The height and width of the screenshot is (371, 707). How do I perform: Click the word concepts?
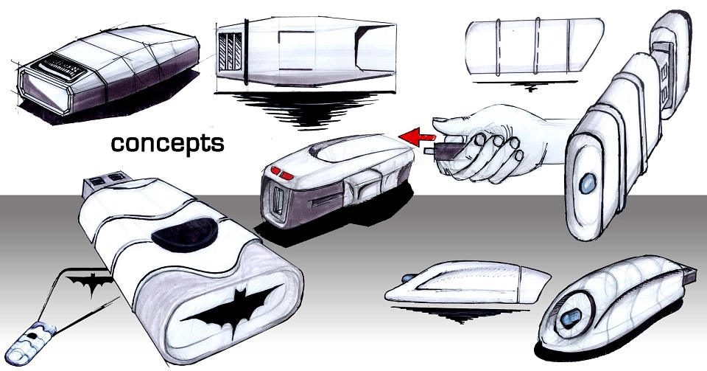click(x=167, y=144)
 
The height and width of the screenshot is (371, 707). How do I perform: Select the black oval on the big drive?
click(x=184, y=235)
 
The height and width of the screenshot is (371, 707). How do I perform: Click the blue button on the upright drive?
click(x=587, y=184)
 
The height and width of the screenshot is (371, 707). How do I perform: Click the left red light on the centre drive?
click(x=275, y=170)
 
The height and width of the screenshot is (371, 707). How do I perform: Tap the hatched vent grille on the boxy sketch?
click(x=230, y=52)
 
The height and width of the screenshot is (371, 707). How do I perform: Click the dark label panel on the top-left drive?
click(x=59, y=68)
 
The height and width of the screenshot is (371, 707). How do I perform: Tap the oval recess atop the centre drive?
click(x=347, y=150)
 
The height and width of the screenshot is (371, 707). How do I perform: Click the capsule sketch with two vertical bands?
click(x=535, y=46)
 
